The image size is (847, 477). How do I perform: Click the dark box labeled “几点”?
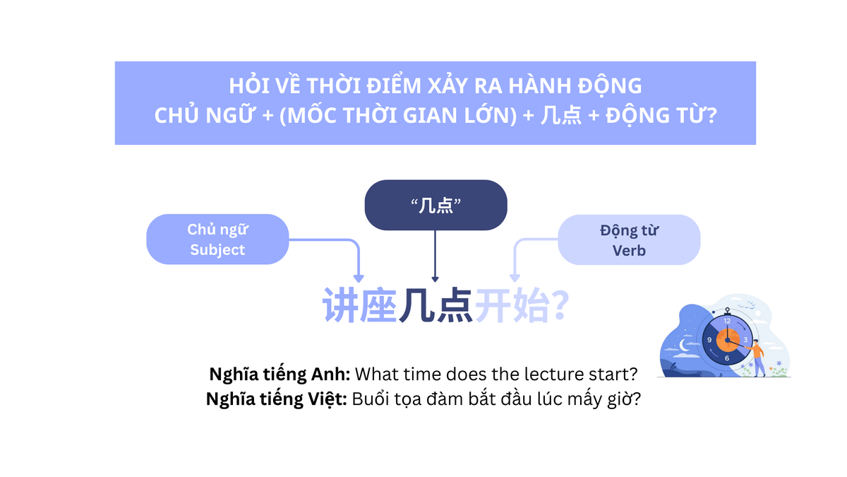click(x=435, y=205)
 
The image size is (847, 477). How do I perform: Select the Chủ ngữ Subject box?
click(x=217, y=240)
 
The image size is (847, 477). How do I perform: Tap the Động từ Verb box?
click(x=628, y=240)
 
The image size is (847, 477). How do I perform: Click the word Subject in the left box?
click(x=217, y=249)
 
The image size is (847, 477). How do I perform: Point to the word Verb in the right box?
click(x=629, y=250)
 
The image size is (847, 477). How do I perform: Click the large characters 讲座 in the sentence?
click(x=359, y=306)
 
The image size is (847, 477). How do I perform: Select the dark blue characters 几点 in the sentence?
click(x=435, y=306)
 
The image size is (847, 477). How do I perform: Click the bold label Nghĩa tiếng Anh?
click(x=280, y=374)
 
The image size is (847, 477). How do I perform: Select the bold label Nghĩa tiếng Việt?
click(x=277, y=399)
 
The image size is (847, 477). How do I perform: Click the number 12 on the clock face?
click(x=727, y=321)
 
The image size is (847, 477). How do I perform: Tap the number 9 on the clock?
click(x=709, y=340)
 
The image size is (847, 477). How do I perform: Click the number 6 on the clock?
click(x=727, y=358)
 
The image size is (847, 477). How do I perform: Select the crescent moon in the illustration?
click(x=683, y=344)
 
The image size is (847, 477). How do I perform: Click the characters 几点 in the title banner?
click(x=562, y=115)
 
